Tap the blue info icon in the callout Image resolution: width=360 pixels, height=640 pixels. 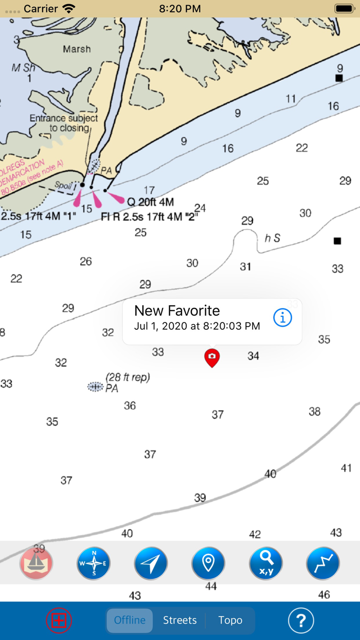pyautogui.click(x=282, y=317)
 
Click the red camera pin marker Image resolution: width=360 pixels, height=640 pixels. pyautogui.click(x=212, y=357)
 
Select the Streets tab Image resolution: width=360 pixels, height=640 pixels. pyautogui.click(x=179, y=620)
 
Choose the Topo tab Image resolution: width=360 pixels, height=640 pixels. pyautogui.click(x=230, y=620)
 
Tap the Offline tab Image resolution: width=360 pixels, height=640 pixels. pyautogui.click(x=130, y=620)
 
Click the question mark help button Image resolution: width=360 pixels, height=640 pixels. pyautogui.click(x=301, y=620)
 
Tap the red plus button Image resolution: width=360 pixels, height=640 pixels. pyautogui.click(x=59, y=620)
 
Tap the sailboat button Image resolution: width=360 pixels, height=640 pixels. pyautogui.click(x=36, y=563)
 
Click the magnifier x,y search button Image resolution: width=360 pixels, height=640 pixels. pyautogui.click(x=265, y=563)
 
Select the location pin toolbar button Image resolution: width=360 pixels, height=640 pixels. pyautogui.click(x=208, y=563)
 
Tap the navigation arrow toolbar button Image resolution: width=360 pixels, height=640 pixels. pyautogui.click(x=151, y=563)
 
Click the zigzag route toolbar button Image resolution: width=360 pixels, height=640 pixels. pyautogui.click(x=323, y=563)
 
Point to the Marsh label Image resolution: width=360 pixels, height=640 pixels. pyautogui.click(x=77, y=49)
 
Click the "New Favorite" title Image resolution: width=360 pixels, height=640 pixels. pyautogui.click(x=177, y=311)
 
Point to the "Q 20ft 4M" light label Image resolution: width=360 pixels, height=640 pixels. pyautogui.click(x=150, y=202)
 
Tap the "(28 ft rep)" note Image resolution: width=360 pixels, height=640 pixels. pyautogui.click(x=128, y=378)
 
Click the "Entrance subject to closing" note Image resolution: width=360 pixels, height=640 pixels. pyautogui.click(x=63, y=123)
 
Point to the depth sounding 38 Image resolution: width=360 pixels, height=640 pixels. pyautogui.click(x=314, y=411)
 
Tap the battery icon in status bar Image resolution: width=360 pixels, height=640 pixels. pyautogui.click(x=344, y=9)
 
